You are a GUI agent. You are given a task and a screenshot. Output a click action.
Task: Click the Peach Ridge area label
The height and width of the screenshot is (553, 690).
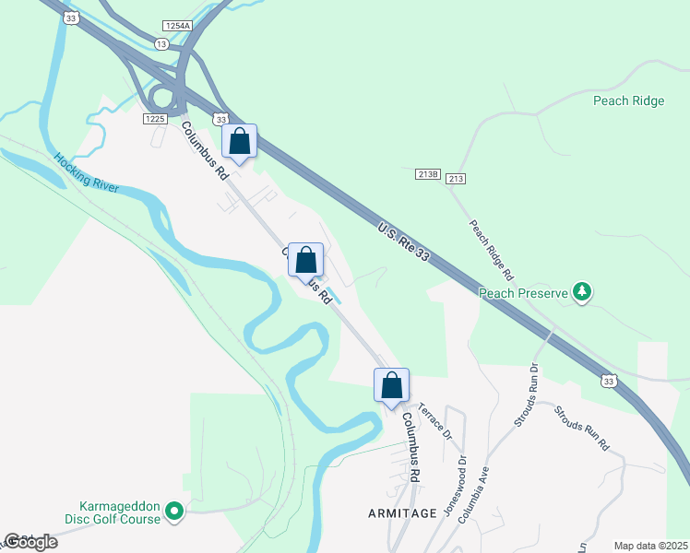pyautogui.click(x=629, y=100)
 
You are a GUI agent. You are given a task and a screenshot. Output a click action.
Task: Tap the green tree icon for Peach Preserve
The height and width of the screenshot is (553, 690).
pyautogui.click(x=582, y=292)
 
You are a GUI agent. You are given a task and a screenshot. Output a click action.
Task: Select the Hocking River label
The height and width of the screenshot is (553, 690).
pyautogui.click(x=86, y=171)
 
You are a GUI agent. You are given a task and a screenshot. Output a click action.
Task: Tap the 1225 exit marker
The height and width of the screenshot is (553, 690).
pyautogui.click(x=154, y=119)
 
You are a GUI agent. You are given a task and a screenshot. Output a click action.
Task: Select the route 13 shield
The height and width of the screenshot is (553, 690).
pyautogui.click(x=162, y=43)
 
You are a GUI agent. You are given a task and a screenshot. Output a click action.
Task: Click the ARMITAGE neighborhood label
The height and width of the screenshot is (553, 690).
pyautogui.click(x=400, y=513)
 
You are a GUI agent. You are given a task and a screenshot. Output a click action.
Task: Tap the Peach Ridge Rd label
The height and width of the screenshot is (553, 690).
pyautogui.click(x=490, y=250)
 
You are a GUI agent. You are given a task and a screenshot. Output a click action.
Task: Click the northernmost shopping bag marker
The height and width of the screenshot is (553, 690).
pyautogui.click(x=240, y=142)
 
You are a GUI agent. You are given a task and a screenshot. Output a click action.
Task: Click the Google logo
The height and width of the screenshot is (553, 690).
pyautogui.click(x=30, y=542)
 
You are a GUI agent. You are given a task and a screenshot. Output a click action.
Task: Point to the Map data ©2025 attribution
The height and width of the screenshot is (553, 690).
pyautogui.click(x=650, y=546)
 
